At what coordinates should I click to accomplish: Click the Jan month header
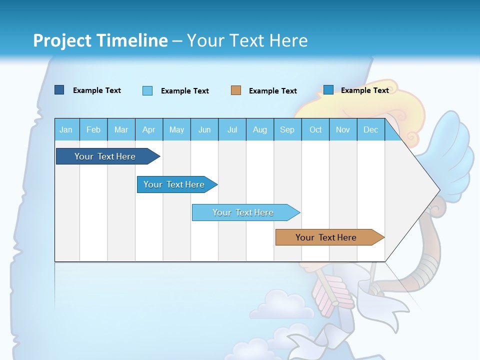click(66, 129)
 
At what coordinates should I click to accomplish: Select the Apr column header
click(148, 129)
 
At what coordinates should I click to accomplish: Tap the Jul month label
click(232, 129)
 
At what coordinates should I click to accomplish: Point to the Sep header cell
click(287, 129)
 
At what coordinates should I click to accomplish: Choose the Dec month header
click(370, 129)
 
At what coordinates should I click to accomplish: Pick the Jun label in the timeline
click(204, 129)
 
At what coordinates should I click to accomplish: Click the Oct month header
click(315, 129)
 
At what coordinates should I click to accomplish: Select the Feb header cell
click(93, 129)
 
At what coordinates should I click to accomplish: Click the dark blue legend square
click(59, 90)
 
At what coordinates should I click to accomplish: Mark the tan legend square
click(236, 90)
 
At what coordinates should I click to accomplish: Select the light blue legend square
click(147, 90)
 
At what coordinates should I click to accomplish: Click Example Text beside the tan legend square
click(272, 91)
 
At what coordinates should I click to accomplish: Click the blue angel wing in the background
click(452, 150)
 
